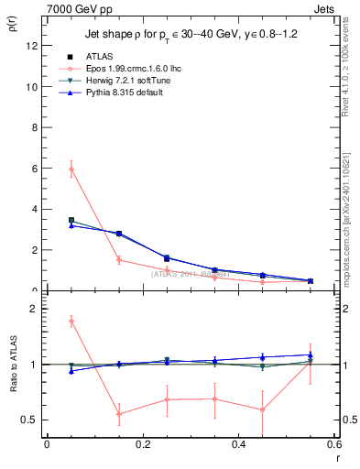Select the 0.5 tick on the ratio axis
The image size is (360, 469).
[28, 420]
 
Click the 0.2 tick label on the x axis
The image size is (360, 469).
[142, 444]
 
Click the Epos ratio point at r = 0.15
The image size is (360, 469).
[119, 414]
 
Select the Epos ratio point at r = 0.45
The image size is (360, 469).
[262, 409]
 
